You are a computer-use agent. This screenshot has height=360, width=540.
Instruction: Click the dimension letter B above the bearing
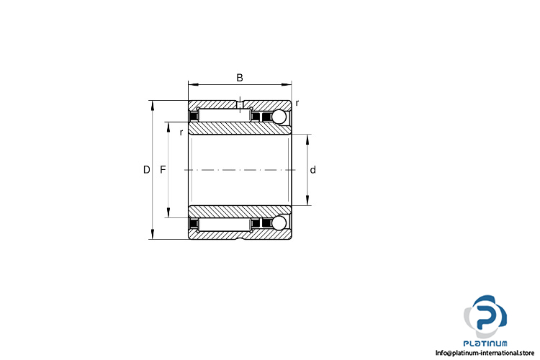(240, 78)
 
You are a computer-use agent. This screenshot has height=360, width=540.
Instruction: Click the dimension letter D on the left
(147, 170)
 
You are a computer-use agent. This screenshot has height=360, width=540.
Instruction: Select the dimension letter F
(163, 170)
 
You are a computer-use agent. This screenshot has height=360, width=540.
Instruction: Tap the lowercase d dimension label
(313, 170)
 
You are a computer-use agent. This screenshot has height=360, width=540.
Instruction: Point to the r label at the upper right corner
(297, 103)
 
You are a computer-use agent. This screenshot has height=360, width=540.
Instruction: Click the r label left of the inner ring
(181, 132)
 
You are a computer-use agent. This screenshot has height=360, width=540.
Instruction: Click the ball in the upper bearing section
(279, 117)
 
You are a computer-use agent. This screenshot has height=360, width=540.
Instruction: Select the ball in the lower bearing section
(279, 223)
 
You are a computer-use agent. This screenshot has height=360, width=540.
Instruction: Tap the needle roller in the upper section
(224, 115)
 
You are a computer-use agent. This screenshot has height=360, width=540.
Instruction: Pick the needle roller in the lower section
(224, 225)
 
